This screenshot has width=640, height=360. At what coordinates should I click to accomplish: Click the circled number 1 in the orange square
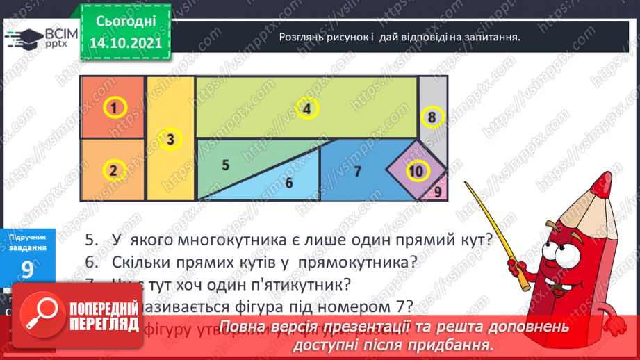115,108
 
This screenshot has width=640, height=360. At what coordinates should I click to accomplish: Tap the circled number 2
113,169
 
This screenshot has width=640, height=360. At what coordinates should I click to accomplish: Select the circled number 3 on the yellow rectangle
170,140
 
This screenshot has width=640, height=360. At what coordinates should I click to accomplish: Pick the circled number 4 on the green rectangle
306,108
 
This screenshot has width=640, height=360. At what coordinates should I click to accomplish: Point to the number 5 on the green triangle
225,165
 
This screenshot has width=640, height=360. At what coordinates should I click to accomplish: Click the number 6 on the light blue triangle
289,183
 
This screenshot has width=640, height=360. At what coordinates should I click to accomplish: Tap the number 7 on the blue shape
357,172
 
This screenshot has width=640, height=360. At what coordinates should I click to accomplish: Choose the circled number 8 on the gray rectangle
432,117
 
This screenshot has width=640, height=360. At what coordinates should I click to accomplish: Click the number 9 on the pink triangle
438,191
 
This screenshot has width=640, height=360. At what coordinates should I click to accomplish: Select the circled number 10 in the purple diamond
416,171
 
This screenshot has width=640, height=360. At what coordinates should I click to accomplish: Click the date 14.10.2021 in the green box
124,42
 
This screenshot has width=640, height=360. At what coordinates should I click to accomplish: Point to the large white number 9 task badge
28,272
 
